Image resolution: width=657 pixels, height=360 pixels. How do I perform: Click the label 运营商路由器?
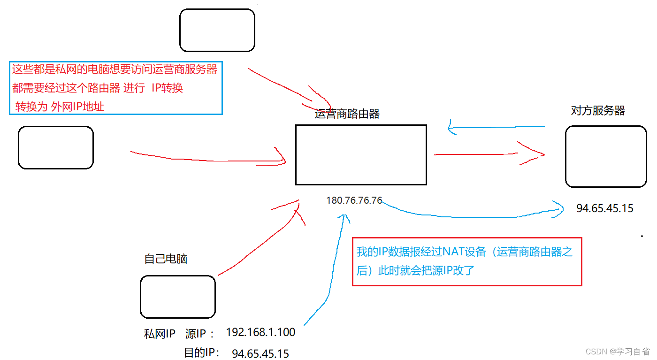click(347, 114)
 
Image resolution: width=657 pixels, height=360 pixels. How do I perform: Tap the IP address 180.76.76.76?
click(354, 200)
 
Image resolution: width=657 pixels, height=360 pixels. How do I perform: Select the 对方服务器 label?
click(598, 111)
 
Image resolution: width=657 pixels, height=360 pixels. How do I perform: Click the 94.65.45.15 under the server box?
click(604, 208)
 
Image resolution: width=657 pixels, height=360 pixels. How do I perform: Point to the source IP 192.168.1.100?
click(260, 333)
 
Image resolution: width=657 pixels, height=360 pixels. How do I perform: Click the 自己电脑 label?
click(166, 259)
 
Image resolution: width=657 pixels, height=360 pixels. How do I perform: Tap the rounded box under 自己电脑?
click(178, 297)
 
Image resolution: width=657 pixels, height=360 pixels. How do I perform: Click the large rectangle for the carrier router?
click(361, 155)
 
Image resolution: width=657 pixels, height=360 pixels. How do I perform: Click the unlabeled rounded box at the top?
click(217, 30)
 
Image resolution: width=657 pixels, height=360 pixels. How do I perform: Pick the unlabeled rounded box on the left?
click(56, 147)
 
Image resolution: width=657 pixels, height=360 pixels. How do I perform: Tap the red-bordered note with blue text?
click(466, 261)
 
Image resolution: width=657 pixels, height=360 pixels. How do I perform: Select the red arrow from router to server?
click(488, 154)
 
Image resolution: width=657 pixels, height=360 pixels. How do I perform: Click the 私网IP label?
click(160, 334)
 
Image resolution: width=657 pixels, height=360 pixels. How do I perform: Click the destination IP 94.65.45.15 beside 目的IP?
click(260, 353)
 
